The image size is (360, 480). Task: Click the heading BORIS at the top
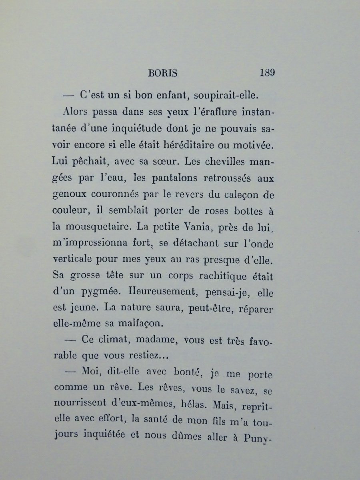point(163,74)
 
